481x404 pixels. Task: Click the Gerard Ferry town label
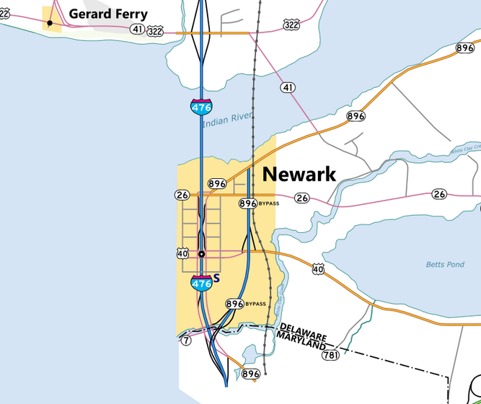click(108, 14)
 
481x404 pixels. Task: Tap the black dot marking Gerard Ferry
click(50, 23)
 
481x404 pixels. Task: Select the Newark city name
click(299, 174)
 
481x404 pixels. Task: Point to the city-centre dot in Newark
click(202, 254)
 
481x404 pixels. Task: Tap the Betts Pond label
click(445, 265)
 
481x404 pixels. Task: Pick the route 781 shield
click(331, 355)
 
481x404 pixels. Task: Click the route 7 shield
click(186, 340)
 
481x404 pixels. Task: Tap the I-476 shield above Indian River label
click(201, 107)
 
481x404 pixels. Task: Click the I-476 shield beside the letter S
click(201, 283)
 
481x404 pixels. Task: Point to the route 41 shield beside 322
click(137, 30)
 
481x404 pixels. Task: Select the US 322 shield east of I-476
click(291, 25)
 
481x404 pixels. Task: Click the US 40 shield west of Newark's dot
click(182, 253)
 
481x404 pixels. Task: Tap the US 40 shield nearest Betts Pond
click(319, 270)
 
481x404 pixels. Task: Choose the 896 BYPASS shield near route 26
click(248, 203)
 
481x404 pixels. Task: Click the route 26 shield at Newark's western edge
click(182, 195)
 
